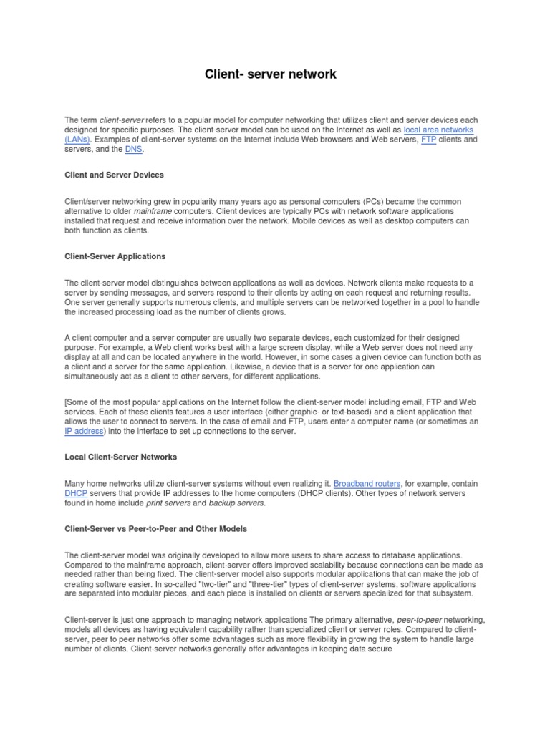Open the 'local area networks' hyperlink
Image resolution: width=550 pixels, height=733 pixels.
pos(438,130)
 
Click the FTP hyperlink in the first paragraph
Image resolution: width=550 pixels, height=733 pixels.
pos(428,140)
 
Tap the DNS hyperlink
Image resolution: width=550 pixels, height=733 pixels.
pos(133,150)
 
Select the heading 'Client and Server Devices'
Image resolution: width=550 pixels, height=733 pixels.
pos(114,175)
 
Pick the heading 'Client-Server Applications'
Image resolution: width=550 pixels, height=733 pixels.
pos(115,256)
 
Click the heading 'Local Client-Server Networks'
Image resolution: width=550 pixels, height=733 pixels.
pos(120,457)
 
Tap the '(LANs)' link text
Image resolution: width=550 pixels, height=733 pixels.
pos(77,140)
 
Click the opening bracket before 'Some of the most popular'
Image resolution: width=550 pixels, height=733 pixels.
pos(66,402)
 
